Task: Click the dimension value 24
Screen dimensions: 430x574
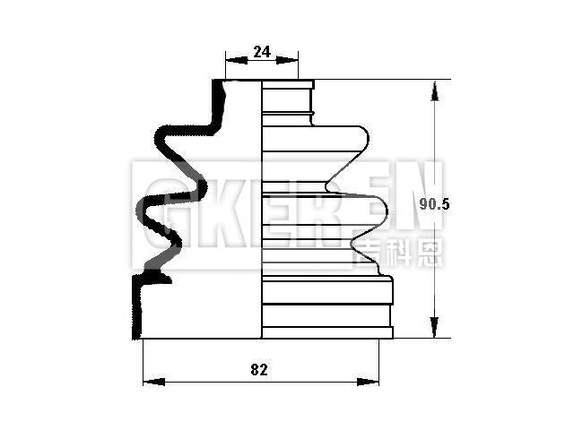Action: tap(262, 52)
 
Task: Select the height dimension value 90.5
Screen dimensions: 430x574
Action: tap(434, 204)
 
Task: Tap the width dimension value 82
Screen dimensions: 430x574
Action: tap(260, 369)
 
